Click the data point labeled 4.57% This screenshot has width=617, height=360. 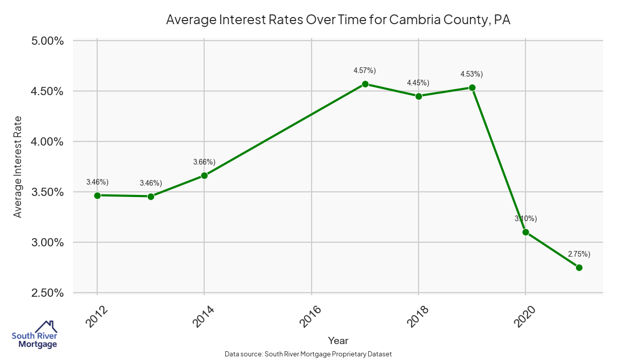click(365, 84)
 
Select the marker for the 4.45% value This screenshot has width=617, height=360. click(419, 96)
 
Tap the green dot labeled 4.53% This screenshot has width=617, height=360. click(472, 88)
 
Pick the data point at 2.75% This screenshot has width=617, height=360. click(579, 267)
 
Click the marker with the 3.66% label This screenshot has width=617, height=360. click(204, 175)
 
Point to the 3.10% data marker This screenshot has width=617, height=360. click(525, 232)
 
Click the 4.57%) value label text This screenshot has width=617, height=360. click(365, 70)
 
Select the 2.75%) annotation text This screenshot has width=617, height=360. click(579, 254)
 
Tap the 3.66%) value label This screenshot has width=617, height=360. click(204, 162)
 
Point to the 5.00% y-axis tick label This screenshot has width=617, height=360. click(47, 41)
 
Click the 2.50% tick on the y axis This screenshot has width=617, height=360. click(47, 293)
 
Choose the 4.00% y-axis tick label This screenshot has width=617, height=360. click(47, 142)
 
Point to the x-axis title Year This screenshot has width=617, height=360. click(338, 340)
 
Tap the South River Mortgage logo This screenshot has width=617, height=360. click(34, 335)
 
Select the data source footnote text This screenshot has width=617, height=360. click(308, 354)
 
